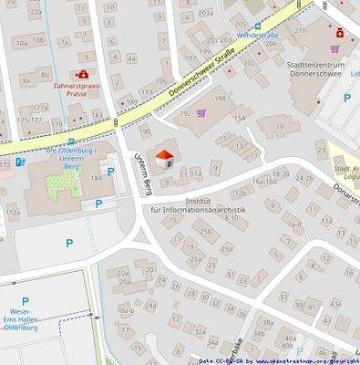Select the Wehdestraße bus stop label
point(257,35)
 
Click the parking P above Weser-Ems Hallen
point(26,301)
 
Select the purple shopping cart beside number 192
point(201,112)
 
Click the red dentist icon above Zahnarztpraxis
point(83,74)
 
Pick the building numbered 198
point(219,98)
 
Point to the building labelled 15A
point(240,118)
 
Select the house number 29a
point(227,248)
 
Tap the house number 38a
point(268,321)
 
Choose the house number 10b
point(38,41)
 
